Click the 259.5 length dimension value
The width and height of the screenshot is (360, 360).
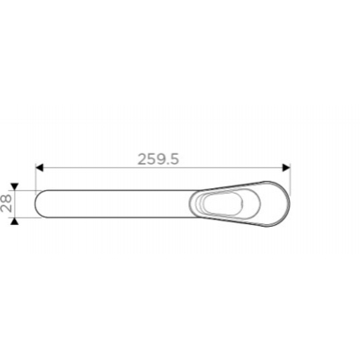pyautogui.click(x=158, y=159)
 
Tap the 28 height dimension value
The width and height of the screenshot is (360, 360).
pyautogui.click(x=6, y=203)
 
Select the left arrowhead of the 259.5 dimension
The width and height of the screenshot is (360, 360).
pyautogui.click(x=40, y=167)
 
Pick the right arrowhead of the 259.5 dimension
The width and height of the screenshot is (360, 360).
pyautogui.click(x=286, y=167)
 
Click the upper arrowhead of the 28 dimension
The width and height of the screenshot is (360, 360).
pyautogui.click(x=14, y=186)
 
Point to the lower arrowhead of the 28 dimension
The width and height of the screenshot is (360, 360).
pyautogui.click(x=14, y=221)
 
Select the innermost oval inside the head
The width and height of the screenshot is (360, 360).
pyautogui.click(x=223, y=204)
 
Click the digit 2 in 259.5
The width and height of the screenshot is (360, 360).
pyautogui.click(x=142, y=159)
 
